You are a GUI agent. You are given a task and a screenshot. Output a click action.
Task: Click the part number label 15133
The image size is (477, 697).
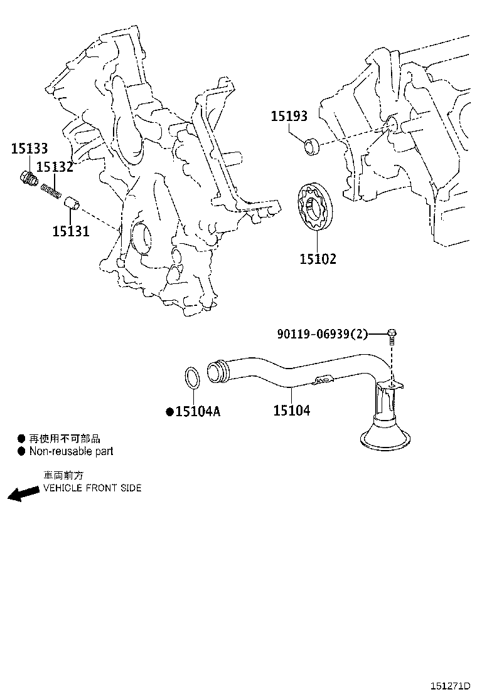tap(29, 149)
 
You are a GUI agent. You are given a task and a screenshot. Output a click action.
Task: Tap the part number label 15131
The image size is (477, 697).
tap(70, 231)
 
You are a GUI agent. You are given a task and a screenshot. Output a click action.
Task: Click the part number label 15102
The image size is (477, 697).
tap(318, 258)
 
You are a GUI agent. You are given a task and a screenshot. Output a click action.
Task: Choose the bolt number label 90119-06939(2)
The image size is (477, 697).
tap(322, 334)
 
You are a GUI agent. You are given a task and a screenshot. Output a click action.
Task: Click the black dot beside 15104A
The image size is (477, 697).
tap(169, 412)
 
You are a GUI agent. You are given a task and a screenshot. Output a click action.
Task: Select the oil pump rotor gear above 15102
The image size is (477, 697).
tap(315, 207)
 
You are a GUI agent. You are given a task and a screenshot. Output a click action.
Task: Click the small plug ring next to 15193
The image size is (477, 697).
tap(312, 147)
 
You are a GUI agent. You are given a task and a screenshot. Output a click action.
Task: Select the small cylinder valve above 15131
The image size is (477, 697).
tap(73, 204)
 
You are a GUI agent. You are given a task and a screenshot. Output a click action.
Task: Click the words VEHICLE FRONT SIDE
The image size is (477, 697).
tap(92, 488)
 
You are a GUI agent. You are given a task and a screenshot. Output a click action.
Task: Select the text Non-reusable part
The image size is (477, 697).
tap(71, 451)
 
